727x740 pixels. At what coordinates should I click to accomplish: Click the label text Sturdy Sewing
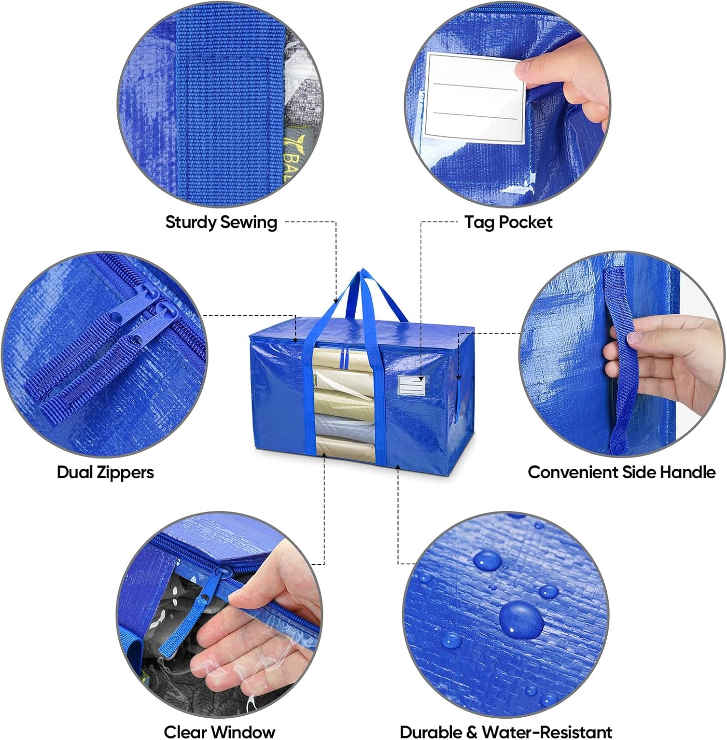pos(221,222)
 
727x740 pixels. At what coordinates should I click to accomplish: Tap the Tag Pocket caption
pos(508,222)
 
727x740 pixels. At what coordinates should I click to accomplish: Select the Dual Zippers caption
pos(105,472)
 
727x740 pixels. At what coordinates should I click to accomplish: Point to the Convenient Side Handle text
pos(621,472)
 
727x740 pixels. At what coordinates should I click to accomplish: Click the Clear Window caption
pos(219,731)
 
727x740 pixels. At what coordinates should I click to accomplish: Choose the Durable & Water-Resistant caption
pos(506,731)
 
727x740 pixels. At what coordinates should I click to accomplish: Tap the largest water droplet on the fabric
pos(522,619)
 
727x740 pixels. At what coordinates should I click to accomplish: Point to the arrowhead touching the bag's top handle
pos(336,301)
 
